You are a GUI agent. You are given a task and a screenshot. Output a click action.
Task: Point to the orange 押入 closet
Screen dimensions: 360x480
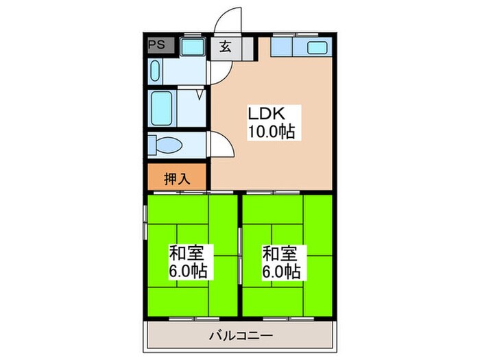177,179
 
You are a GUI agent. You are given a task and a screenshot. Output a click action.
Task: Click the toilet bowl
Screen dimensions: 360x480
165,145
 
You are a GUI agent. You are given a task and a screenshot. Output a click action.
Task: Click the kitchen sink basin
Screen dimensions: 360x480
316,48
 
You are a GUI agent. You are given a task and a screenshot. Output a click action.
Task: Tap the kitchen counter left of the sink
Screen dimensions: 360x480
283,47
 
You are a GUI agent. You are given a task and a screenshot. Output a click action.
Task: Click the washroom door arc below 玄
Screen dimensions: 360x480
221,71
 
